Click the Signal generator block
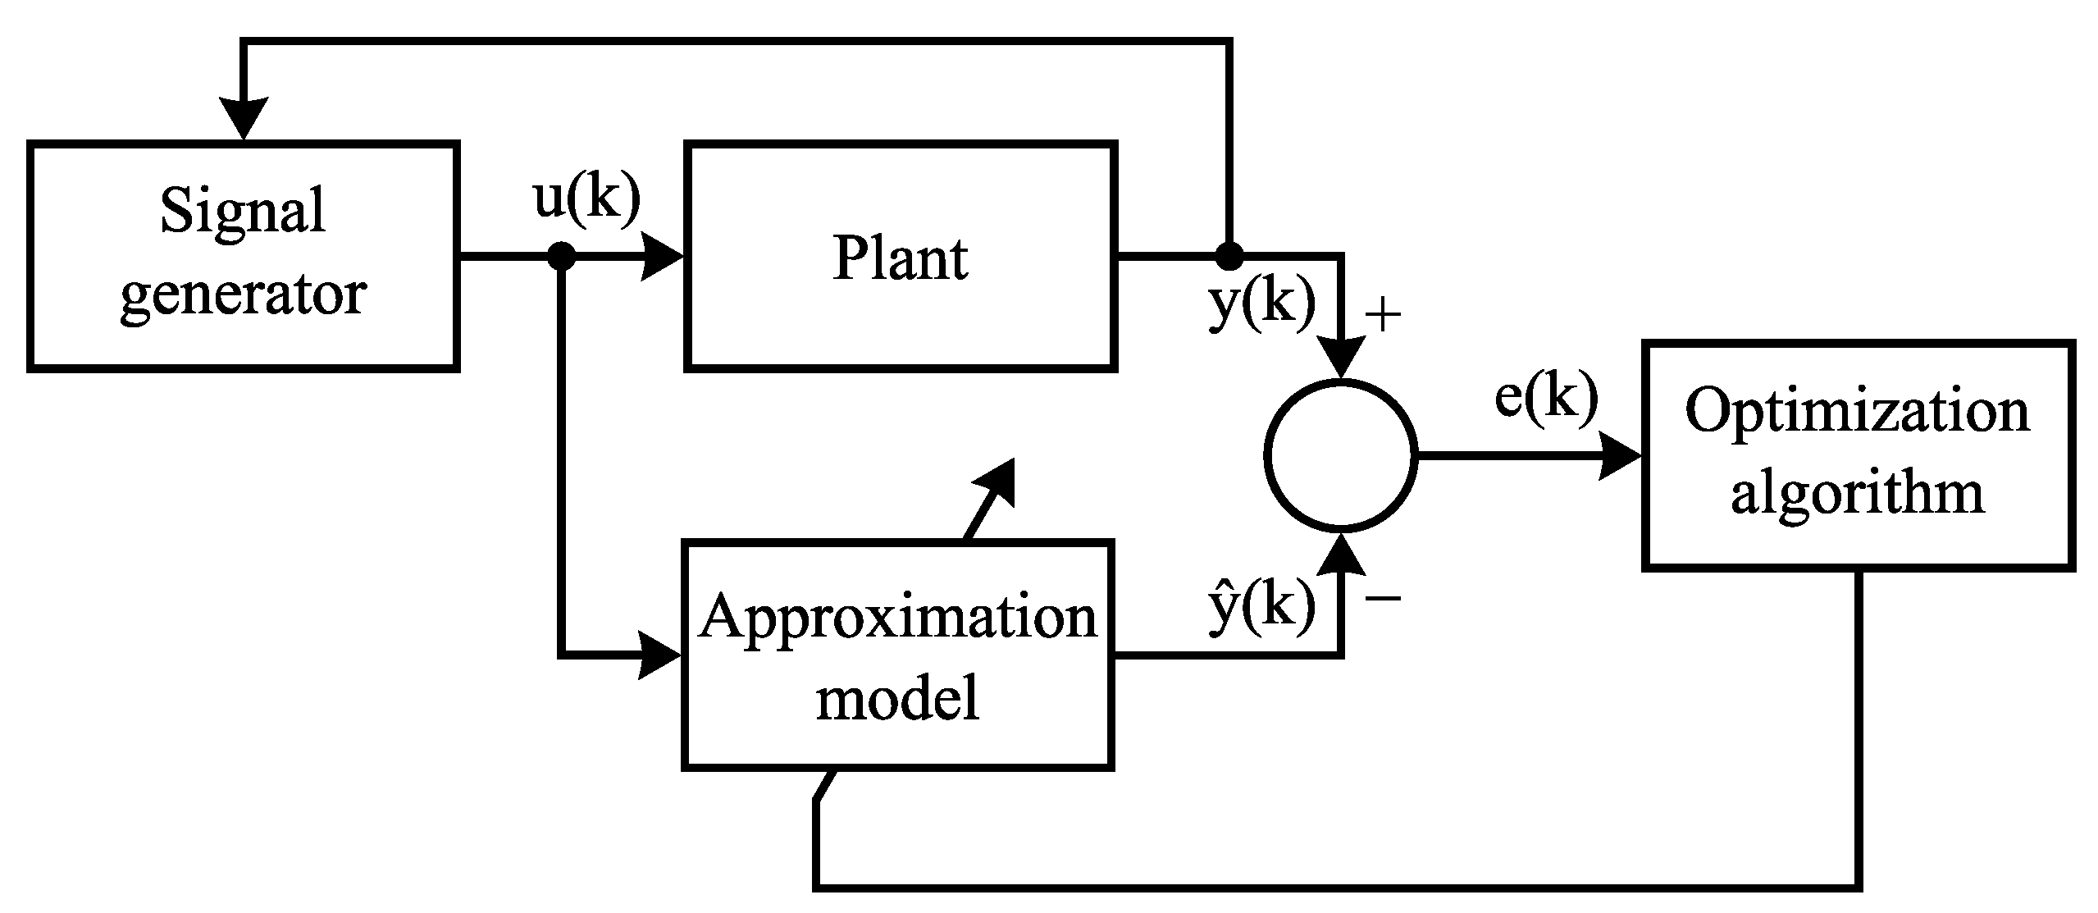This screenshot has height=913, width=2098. coord(243,256)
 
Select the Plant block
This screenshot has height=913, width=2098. coord(900,256)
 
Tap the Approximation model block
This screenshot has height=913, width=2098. coord(897,655)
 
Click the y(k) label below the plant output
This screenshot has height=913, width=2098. coord(1261,304)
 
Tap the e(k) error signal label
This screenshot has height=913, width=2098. coord(1546,398)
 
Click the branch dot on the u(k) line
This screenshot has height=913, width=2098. coord(562,256)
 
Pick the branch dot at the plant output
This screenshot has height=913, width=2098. coord(1229,256)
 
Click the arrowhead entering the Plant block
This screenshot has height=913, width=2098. coord(663,256)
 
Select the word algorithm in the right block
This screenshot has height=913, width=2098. coord(1858,493)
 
